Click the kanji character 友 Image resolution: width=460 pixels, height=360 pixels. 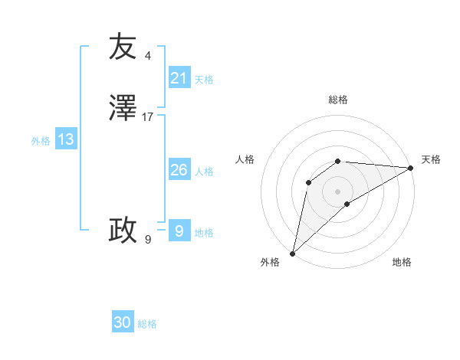click(123, 47)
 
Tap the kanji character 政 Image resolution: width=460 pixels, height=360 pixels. click(123, 230)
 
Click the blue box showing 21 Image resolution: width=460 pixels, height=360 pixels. click(179, 78)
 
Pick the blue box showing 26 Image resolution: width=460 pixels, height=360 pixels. click(179, 170)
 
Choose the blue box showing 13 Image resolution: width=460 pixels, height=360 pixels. click(65, 139)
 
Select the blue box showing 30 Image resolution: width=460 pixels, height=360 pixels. click(123, 322)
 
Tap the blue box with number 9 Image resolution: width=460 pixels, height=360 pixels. click(179, 231)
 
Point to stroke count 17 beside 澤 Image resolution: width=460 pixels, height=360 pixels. click(148, 117)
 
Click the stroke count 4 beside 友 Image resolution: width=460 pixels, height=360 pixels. click(147, 56)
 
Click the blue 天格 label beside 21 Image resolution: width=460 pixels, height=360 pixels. click(204, 80)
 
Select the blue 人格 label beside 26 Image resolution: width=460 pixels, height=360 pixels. click(205, 172)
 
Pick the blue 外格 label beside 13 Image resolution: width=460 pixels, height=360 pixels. click(41, 141)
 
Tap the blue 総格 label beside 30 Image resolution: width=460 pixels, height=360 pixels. click(147, 324)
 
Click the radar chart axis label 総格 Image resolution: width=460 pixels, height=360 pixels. click(338, 100)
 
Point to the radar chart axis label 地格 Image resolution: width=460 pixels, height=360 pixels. click(402, 263)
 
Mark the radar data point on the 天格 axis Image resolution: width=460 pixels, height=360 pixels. click(411, 168)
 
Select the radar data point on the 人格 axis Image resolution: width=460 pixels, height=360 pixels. click(308, 182)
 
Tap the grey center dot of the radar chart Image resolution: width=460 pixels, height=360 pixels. click(338, 191)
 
